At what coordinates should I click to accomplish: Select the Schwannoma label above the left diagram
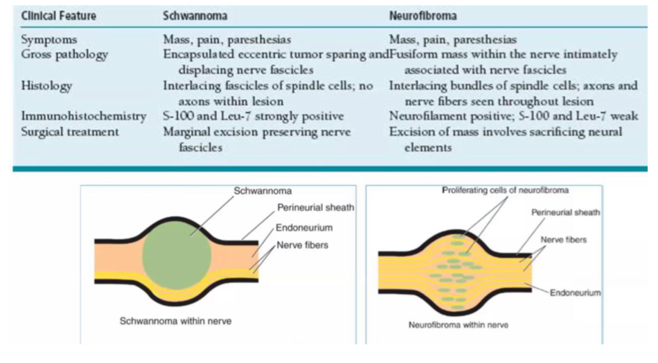point(258,192)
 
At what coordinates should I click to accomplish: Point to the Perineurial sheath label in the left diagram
point(316,208)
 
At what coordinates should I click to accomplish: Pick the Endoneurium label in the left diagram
point(305,228)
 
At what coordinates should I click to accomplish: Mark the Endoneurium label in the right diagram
point(575,293)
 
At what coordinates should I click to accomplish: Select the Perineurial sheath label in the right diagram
point(566,212)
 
